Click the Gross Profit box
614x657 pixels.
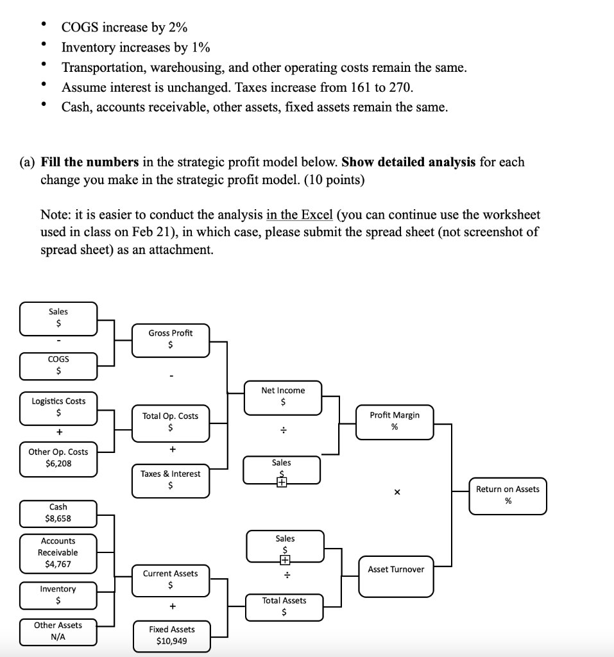170,339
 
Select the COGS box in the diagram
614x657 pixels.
58,365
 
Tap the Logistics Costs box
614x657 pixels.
58,407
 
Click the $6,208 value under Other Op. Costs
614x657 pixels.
58,463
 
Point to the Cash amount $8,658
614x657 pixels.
58,518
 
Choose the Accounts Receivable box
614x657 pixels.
58,552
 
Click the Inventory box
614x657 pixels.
58,595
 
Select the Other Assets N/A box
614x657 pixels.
58,631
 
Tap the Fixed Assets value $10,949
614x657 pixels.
171,641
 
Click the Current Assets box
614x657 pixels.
170,579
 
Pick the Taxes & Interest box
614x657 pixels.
170,480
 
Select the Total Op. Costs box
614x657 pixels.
170,422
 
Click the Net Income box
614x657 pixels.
283,397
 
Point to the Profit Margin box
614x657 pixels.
394,421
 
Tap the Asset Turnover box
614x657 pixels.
395,570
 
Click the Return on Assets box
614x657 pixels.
507,495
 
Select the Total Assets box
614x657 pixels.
284,606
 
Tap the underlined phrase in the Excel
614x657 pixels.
298,214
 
